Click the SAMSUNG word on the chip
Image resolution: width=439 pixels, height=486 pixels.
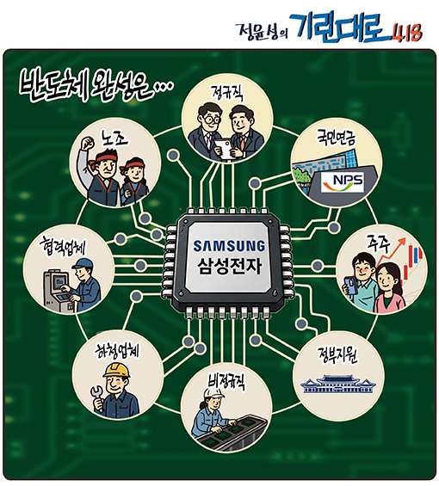(x=229, y=246)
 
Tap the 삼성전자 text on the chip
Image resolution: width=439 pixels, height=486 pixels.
(x=230, y=266)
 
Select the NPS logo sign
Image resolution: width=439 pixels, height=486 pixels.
(x=343, y=182)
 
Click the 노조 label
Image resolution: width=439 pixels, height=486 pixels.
(x=114, y=138)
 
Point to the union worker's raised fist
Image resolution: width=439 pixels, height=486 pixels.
(x=88, y=143)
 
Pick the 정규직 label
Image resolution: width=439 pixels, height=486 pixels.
(x=226, y=93)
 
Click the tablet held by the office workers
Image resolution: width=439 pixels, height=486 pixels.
(x=225, y=149)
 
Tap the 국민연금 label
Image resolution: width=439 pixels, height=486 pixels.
(x=336, y=138)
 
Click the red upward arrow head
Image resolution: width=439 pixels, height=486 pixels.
(x=403, y=241)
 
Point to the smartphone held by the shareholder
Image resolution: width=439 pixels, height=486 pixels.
(x=349, y=286)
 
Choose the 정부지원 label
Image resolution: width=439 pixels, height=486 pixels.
(x=337, y=354)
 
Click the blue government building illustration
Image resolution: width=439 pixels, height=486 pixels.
(x=338, y=384)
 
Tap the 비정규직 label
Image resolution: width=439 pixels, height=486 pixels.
(x=226, y=380)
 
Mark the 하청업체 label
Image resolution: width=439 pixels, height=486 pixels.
(x=117, y=352)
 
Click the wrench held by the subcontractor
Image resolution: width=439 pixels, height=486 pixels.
(x=96, y=397)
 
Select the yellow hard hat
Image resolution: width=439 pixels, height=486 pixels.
(x=117, y=370)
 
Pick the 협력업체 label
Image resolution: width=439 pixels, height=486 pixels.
(x=62, y=248)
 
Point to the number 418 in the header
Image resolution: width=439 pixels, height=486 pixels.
(x=406, y=32)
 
